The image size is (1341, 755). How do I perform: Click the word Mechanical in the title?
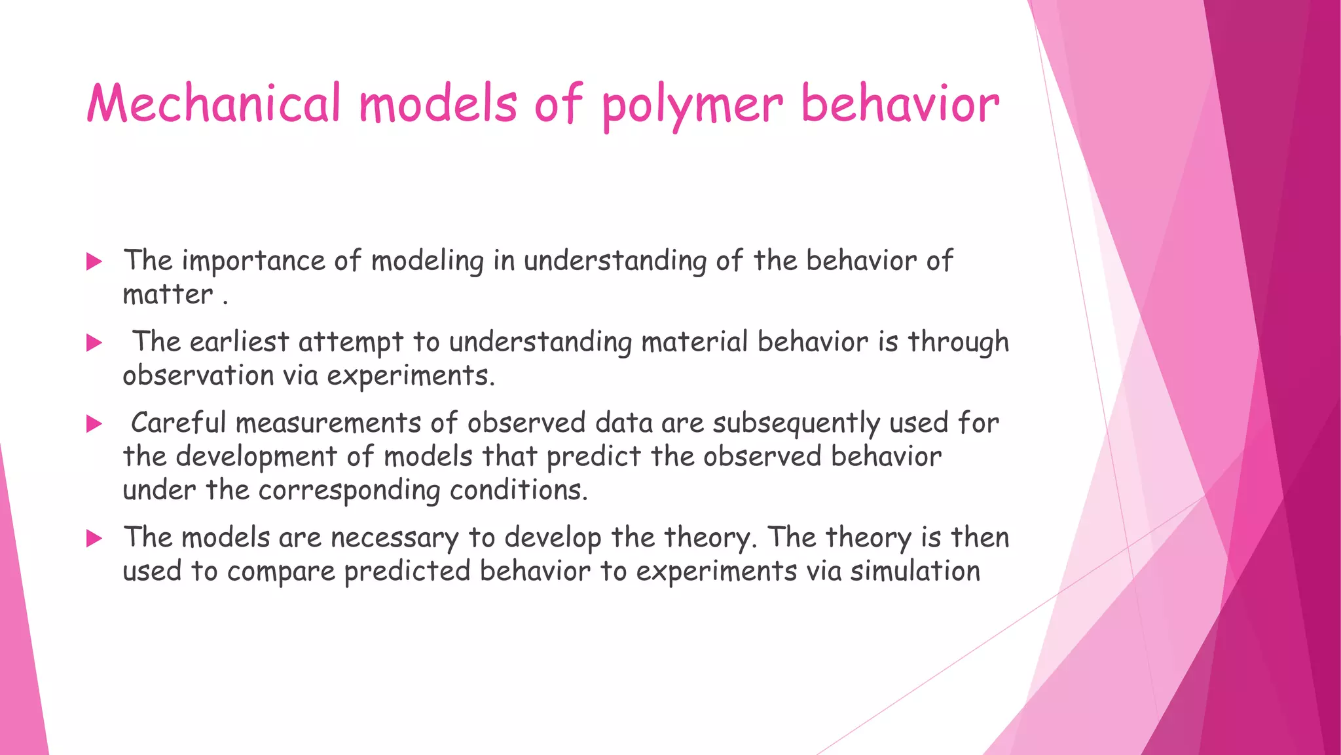[x=214, y=104]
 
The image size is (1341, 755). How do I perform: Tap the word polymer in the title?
[x=692, y=105]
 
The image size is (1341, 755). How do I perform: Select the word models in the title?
[x=438, y=104]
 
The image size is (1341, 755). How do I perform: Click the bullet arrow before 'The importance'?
[x=94, y=262]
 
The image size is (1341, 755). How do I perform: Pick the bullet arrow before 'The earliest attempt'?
[x=94, y=343]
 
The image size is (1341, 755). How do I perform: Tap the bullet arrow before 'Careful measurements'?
[x=94, y=424]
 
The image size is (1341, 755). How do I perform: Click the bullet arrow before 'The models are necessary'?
[x=94, y=539]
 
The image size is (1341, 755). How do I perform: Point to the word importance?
[x=253, y=261]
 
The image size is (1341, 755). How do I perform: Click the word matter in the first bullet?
[x=168, y=294]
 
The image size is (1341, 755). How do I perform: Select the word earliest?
[x=239, y=342]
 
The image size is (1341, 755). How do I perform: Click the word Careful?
[x=178, y=423]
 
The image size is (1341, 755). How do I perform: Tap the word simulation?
[x=915, y=571]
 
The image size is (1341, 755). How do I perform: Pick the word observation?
[x=198, y=376]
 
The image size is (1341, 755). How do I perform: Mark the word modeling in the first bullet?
[x=427, y=261]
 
